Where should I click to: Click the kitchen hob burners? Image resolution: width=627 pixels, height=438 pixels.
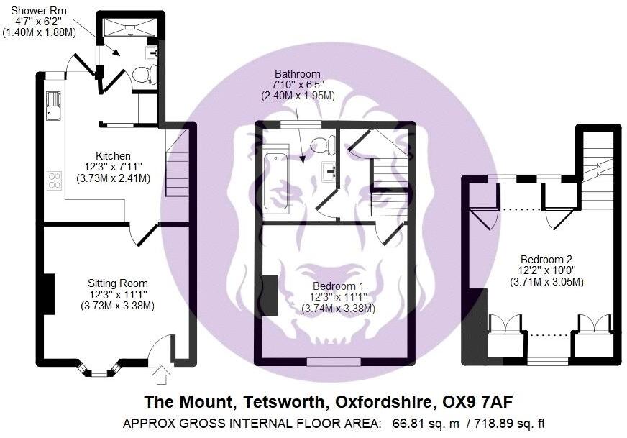point(55,179)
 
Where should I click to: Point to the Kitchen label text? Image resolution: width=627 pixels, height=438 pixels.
point(114,155)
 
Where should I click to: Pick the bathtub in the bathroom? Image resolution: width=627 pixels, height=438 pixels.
point(275,181)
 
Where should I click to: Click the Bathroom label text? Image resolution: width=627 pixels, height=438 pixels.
point(297,74)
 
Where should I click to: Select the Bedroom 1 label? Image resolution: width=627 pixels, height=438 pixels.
point(338,286)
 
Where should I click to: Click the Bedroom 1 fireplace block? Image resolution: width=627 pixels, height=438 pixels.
point(270,294)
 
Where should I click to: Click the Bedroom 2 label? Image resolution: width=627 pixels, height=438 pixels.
point(546,259)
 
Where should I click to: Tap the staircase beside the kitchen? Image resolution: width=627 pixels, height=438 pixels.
point(177,170)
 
